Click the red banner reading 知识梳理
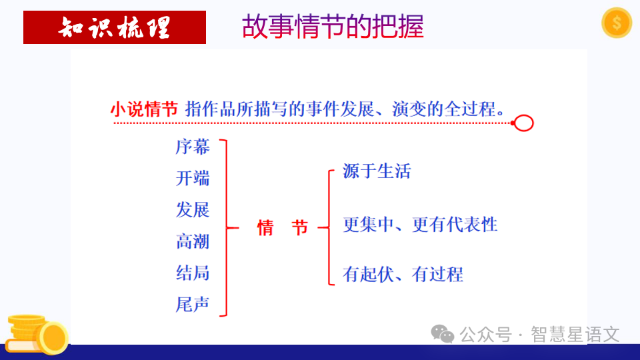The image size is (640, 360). click(115, 27)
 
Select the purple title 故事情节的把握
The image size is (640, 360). click(333, 27)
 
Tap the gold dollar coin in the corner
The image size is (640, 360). click(616, 23)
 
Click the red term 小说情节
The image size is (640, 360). click(144, 109)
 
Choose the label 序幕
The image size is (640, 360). click(193, 147)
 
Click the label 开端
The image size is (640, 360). click(193, 178)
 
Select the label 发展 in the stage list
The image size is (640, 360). click(193, 209)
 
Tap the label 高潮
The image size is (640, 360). click(193, 241)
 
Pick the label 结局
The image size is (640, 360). click(193, 273)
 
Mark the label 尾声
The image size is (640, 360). click(193, 305)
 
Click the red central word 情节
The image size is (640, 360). click(283, 228)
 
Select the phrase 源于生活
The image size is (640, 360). click(377, 171)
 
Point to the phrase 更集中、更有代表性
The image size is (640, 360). click(420, 224)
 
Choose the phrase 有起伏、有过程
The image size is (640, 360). click(403, 273)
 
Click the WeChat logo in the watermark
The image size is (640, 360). click(443, 333)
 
